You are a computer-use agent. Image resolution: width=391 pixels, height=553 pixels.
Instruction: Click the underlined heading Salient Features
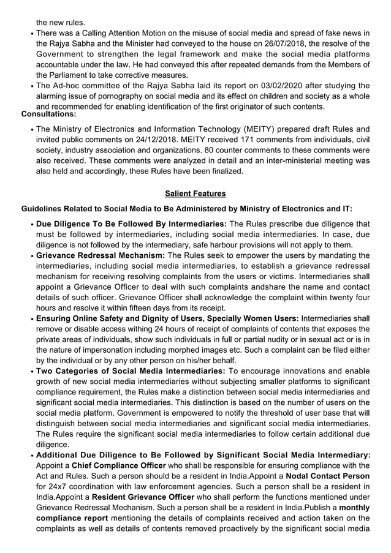(195, 194)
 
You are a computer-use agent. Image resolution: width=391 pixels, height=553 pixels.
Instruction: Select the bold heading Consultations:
(49, 115)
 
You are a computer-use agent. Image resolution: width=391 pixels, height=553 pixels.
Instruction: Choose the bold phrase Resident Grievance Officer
(143, 497)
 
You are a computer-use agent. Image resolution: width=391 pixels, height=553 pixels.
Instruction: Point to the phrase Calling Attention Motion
(123, 32)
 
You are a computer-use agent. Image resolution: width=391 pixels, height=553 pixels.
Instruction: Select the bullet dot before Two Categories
(31, 371)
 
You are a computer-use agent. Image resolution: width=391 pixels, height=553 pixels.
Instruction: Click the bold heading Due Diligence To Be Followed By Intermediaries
(131, 224)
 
